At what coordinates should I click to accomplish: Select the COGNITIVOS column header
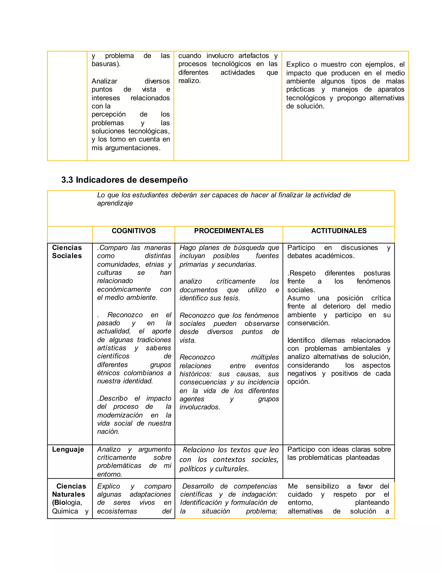tap(134, 231)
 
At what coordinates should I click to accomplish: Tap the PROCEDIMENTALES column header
tap(229, 231)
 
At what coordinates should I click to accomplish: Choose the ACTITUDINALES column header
tap(339, 231)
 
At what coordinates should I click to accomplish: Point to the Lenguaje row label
tap(68, 449)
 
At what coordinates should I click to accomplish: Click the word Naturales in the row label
tap(68, 494)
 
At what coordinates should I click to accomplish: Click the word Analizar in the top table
tap(104, 81)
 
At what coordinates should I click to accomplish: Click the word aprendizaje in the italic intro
tap(115, 203)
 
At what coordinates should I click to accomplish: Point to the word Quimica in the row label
tap(65, 511)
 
